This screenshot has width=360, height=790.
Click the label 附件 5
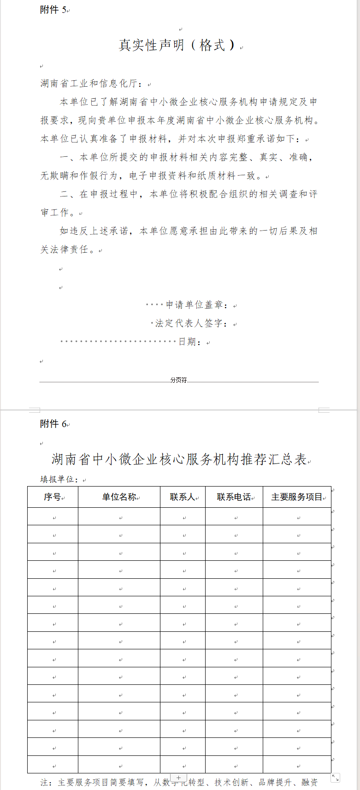pyautogui.click(x=53, y=10)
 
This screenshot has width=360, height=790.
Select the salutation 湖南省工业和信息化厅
pyautogui.click(x=92, y=83)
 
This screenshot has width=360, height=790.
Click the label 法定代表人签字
pyautogui.click(x=191, y=323)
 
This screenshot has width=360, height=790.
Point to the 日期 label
pyautogui.click(x=189, y=342)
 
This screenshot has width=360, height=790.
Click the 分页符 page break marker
pyautogui.click(x=178, y=380)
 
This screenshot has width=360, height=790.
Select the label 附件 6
pyautogui.click(x=53, y=424)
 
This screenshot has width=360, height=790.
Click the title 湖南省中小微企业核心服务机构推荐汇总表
pyautogui.click(x=179, y=459)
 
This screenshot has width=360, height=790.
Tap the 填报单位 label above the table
pyautogui.click(x=59, y=479)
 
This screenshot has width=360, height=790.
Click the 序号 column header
pyautogui.click(x=53, y=497)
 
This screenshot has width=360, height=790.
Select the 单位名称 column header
pyautogui.click(x=119, y=497)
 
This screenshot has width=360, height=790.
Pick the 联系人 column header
pyautogui.click(x=183, y=497)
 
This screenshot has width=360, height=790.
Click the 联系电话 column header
pyautogui.click(x=234, y=497)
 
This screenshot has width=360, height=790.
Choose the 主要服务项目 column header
pyautogui.click(x=297, y=497)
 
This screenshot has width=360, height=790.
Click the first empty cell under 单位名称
pyautogui.click(x=119, y=517)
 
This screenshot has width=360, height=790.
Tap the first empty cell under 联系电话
pyautogui.click(x=234, y=517)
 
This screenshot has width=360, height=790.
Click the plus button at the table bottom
pyautogui.click(x=178, y=778)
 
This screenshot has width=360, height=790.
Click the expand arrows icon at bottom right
pyautogui.click(x=335, y=778)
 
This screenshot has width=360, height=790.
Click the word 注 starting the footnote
pyautogui.click(x=45, y=782)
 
